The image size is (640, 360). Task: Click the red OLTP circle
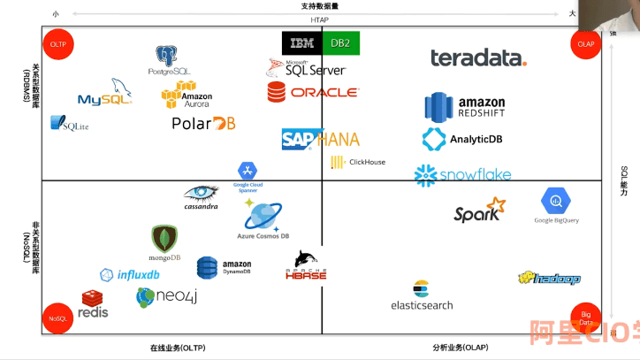58,44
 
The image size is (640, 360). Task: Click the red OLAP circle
585,44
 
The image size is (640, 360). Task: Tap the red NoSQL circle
58,317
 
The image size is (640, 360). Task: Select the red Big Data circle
585,318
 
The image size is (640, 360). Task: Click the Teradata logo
478,58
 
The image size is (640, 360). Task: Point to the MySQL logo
104,93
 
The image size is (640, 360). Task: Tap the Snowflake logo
462,174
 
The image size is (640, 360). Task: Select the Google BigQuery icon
557,203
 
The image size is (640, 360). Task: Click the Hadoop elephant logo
549,279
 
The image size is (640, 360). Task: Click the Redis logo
94,304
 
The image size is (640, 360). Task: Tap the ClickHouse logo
358,162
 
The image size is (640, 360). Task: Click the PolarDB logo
203,124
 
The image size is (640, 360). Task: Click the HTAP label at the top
319,19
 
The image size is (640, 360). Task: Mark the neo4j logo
167,296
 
